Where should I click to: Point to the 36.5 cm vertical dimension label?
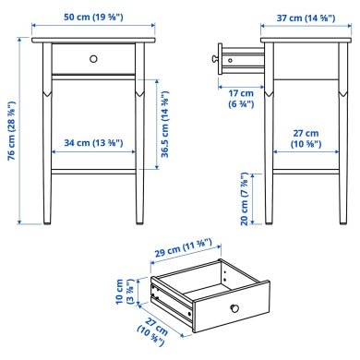point(164,125)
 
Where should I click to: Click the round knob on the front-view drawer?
point(92,59)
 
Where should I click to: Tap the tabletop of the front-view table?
point(92,41)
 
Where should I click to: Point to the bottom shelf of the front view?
point(92,171)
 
